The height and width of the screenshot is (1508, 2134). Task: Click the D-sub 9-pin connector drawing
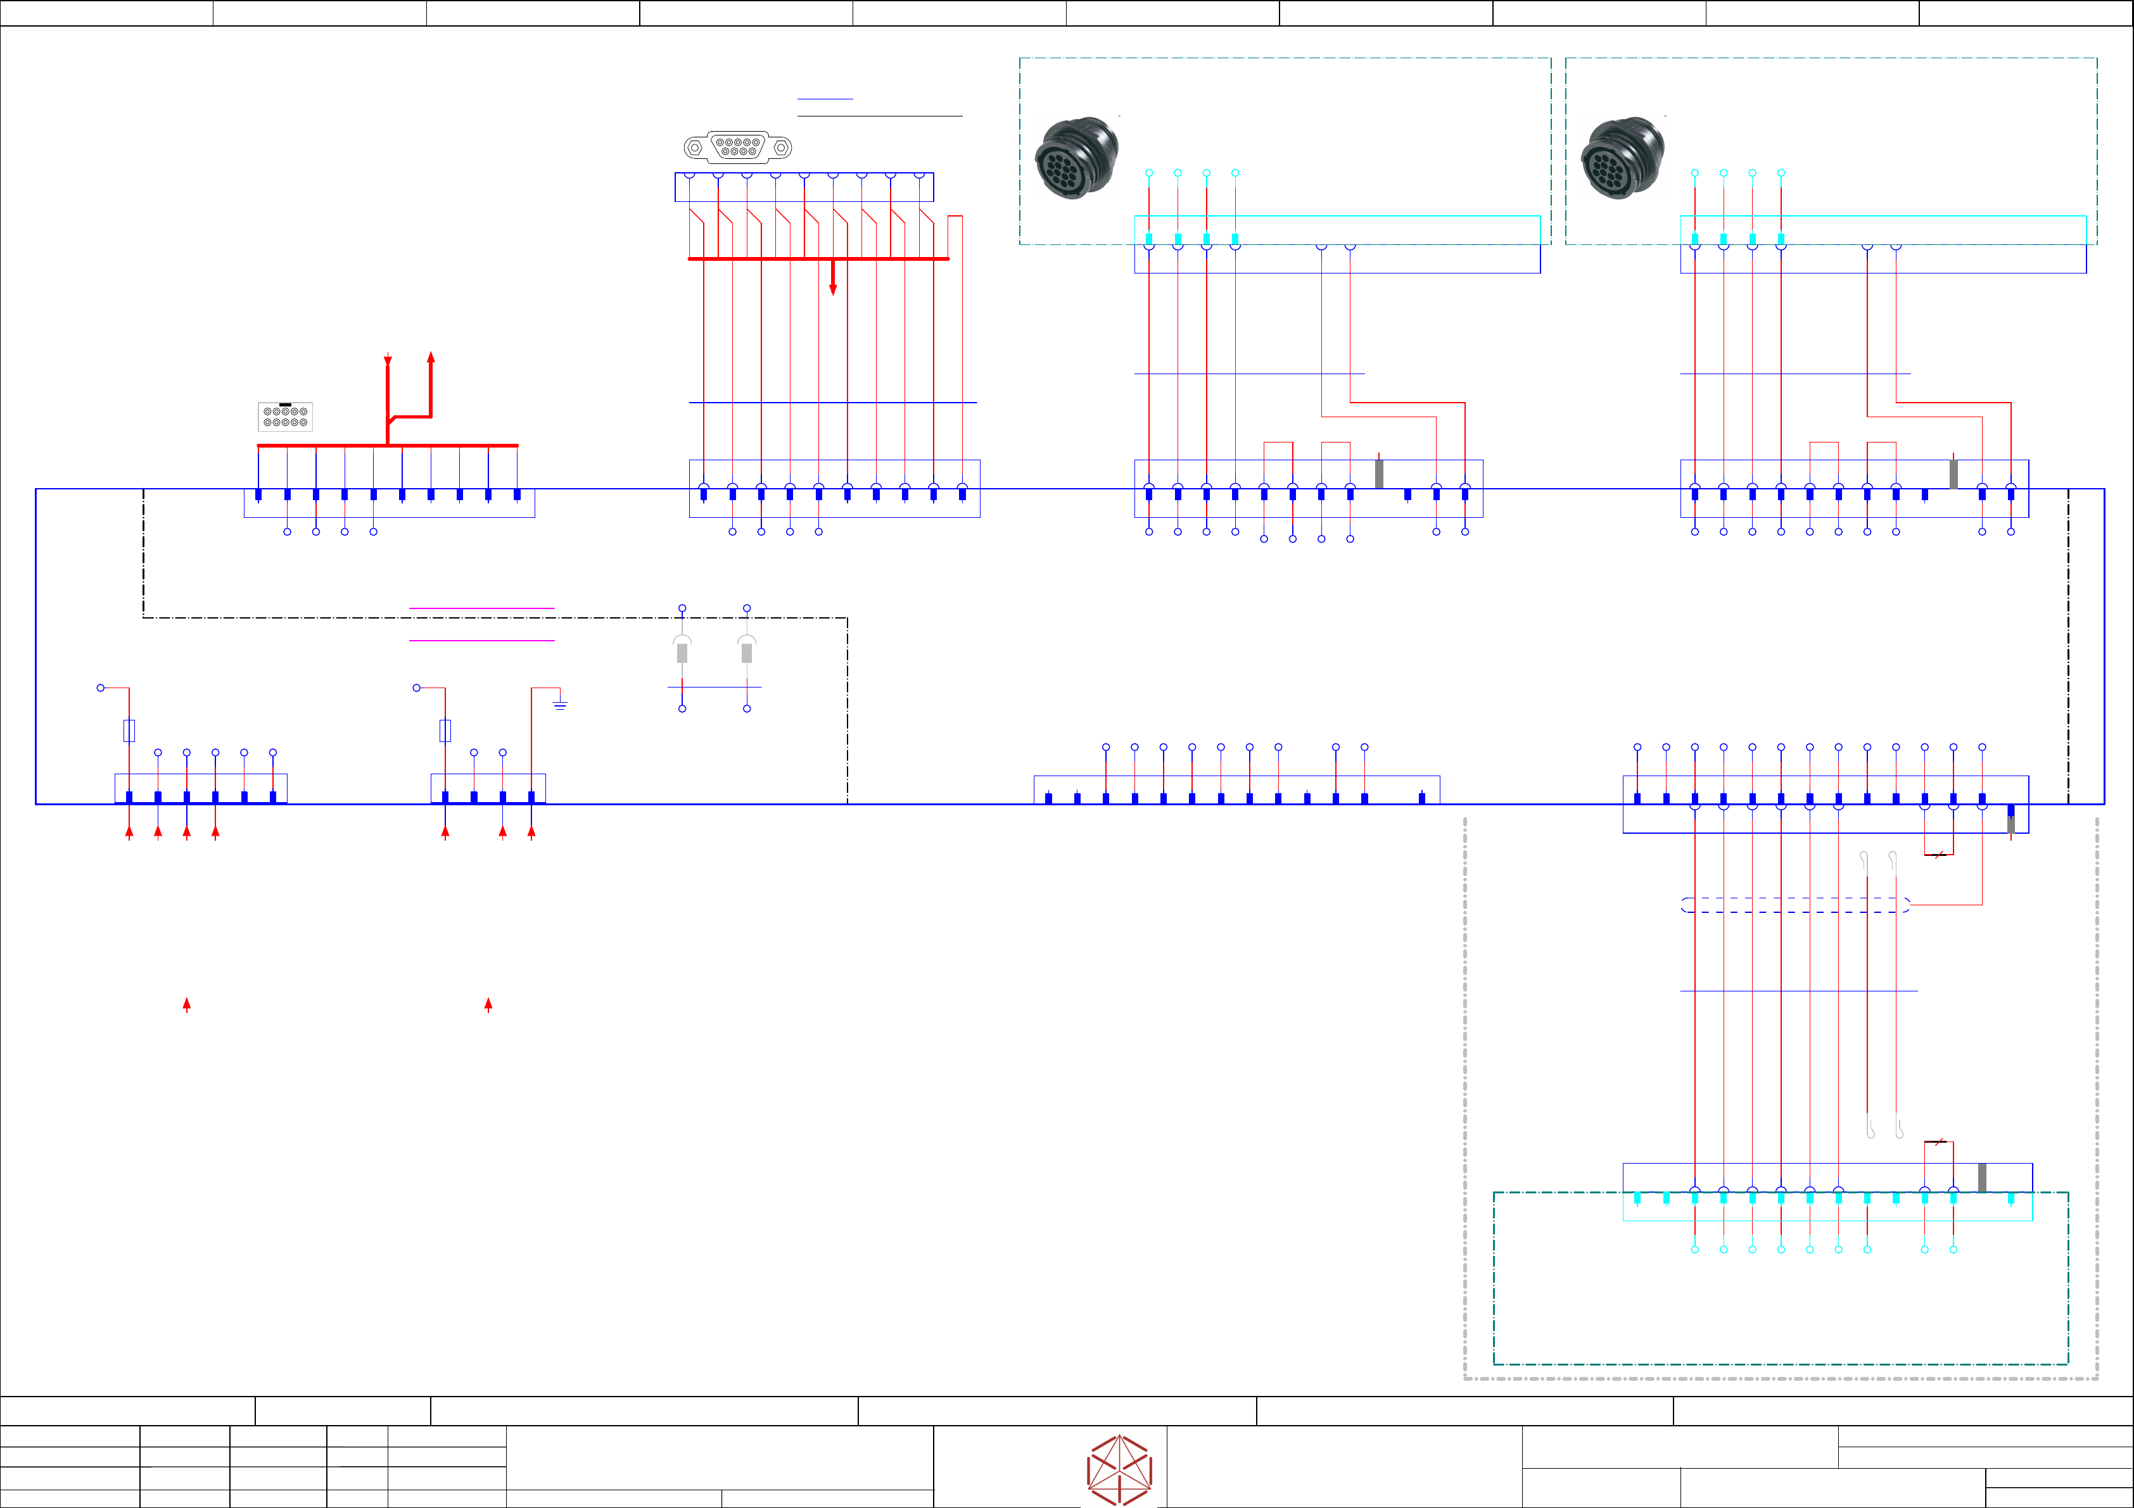tap(738, 147)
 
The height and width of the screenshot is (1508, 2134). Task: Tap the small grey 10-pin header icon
tap(285, 417)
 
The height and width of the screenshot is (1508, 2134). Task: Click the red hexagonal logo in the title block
tap(1119, 1470)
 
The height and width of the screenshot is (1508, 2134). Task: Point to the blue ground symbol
tap(559, 705)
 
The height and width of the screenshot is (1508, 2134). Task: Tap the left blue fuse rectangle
tap(129, 731)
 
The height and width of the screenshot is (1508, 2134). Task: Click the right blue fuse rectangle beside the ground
tap(445, 731)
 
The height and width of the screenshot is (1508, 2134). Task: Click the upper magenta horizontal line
tap(481, 608)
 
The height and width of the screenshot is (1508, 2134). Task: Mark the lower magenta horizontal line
tap(481, 640)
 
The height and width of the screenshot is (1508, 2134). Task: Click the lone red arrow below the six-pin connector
tap(187, 1005)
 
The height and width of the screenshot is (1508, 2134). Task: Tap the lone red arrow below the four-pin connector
tap(488, 1005)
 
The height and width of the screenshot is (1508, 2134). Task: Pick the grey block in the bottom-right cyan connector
tap(1983, 1178)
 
